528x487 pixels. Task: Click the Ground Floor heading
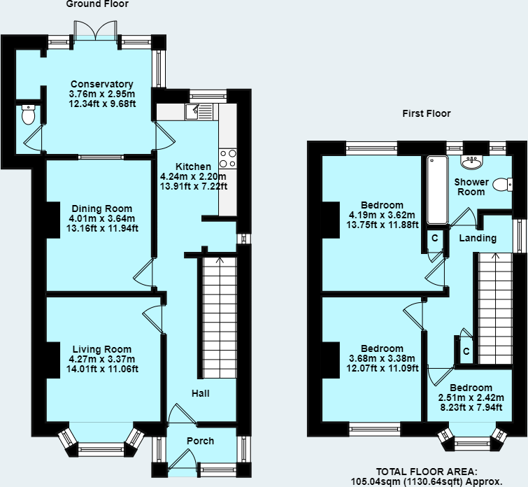pos(97,4)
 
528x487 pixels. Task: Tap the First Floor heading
pos(427,113)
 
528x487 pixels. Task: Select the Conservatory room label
pos(101,85)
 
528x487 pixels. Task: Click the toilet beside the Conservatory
pos(28,114)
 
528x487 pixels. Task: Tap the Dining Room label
pos(101,209)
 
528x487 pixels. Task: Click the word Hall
pos(201,393)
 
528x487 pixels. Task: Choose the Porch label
pos(200,441)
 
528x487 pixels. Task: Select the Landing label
pos(478,238)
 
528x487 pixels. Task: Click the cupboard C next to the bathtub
pos(434,239)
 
